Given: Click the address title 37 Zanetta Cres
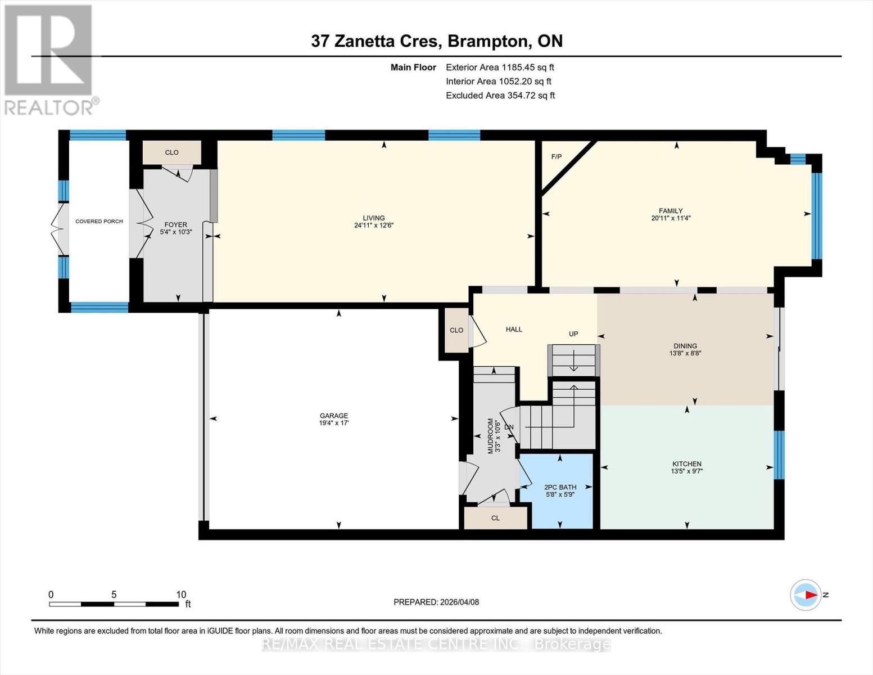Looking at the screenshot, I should point(436,41).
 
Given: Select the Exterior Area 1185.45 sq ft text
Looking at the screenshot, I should point(500,67).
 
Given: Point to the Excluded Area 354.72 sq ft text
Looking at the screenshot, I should point(500,96).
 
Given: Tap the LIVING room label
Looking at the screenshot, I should point(374,218).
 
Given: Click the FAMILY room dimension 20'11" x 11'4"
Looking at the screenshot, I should point(671,218).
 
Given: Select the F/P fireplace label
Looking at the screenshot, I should point(556,156).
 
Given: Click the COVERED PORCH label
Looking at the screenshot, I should point(99,221).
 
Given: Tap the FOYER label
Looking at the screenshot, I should point(175,224).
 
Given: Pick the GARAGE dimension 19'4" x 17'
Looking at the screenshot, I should point(334,423).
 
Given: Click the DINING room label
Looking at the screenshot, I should point(685,346).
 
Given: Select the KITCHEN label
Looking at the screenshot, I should point(686,464).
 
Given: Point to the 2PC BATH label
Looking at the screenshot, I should point(560,487).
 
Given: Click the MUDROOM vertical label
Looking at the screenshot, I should point(490,435).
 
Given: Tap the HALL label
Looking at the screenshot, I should point(514,329).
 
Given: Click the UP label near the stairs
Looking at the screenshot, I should point(573,334).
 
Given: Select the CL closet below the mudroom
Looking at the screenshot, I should point(495,517).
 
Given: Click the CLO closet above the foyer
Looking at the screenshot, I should point(171,152).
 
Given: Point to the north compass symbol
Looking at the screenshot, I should point(806,595).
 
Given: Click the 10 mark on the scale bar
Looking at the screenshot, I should point(180,595).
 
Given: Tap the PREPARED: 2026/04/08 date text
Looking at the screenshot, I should point(436,602).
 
